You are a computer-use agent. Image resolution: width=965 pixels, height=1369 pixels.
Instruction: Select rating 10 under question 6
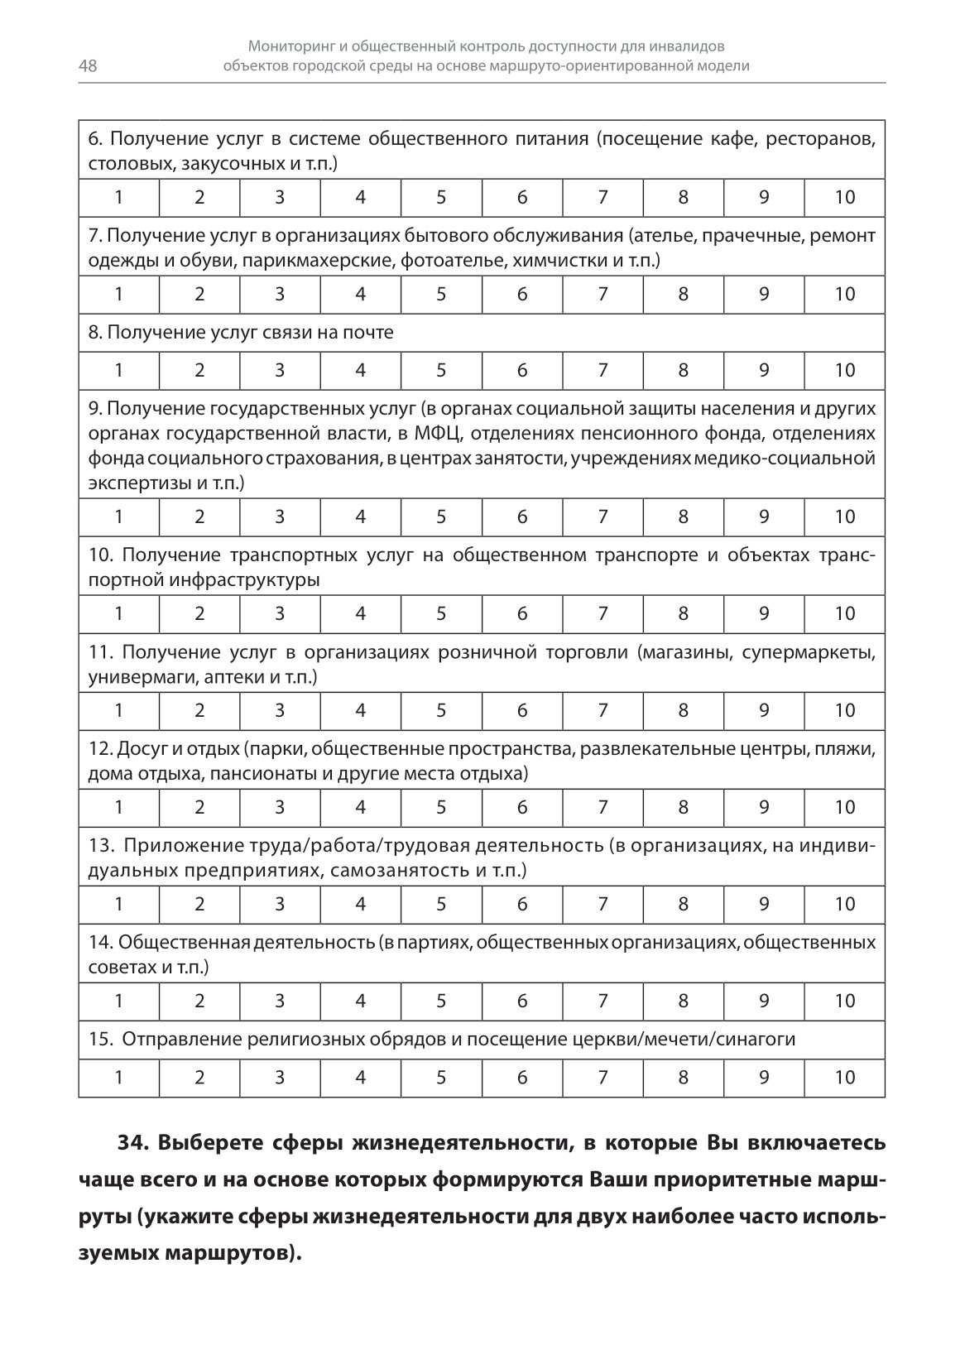(844, 198)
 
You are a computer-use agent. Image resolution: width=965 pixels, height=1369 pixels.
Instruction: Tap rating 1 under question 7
(119, 295)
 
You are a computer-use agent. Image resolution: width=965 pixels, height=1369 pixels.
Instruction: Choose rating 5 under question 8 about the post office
(441, 371)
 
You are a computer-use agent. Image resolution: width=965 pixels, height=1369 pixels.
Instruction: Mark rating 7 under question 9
(603, 517)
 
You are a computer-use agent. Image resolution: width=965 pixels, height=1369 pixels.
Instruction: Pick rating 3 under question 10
(280, 614)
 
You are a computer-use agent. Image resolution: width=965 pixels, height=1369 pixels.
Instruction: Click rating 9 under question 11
(764, 711)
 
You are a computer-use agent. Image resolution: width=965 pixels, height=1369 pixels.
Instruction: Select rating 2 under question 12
(199, 808)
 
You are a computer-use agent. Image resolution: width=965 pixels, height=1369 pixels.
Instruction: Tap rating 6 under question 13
(521, 905)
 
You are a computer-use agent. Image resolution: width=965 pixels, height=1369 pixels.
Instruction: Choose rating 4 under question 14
(360, 1002)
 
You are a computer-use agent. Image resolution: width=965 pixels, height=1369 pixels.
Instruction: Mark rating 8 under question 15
(683, 1078)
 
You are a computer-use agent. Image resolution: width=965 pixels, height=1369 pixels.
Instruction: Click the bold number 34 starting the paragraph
(132, 1144)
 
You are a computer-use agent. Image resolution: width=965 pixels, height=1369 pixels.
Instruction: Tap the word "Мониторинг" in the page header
(295, 47)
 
